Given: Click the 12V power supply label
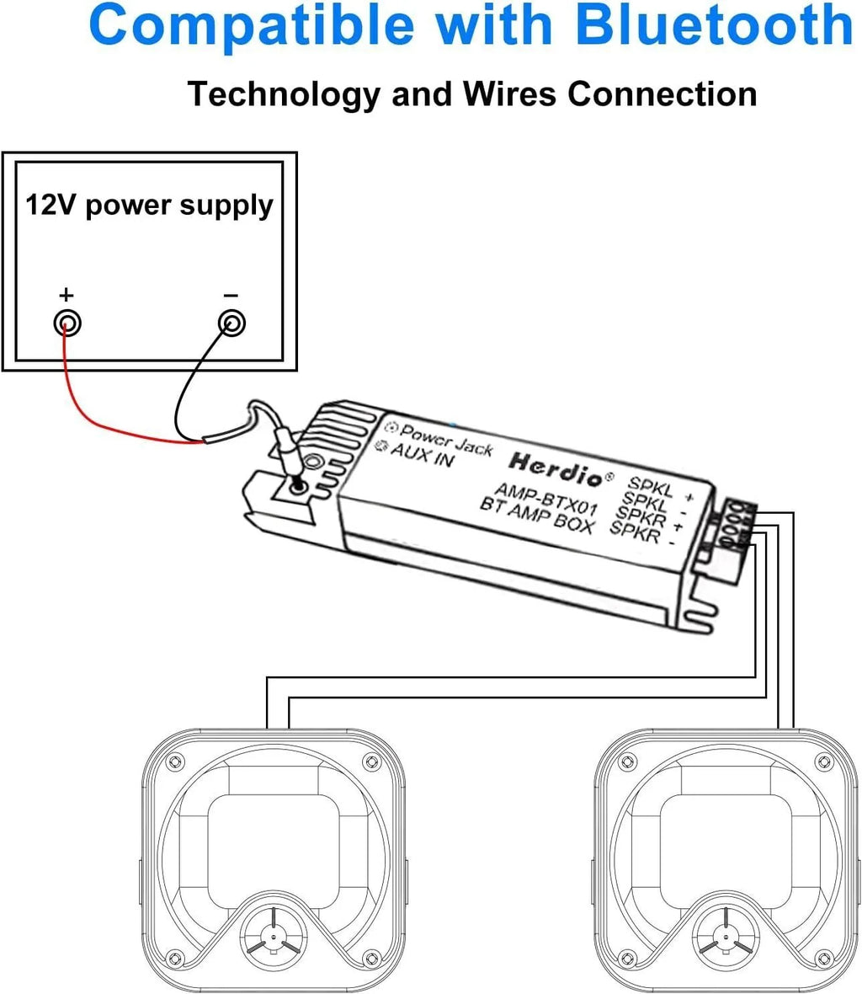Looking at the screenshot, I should pyautogui.click(x=149, y=205).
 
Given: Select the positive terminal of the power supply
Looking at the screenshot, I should pyautogui.click(x=67, y=323).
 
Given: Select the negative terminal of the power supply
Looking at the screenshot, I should pyautogui.click(x=231, y=323).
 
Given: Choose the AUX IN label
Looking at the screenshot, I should pyautogui.click(x=421, y=455).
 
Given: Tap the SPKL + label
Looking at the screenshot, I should pyautogui.click(x=661, y=489).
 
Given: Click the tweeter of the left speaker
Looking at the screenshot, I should pyautogui.click(x=270, y=935).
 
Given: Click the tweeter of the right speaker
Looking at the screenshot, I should pyautogui.click(x=722, y=935).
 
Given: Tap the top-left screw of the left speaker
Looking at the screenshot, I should pyautogui.click(x=174, y=762).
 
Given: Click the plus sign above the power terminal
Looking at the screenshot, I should pyautogui.click(x=67, y=295).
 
